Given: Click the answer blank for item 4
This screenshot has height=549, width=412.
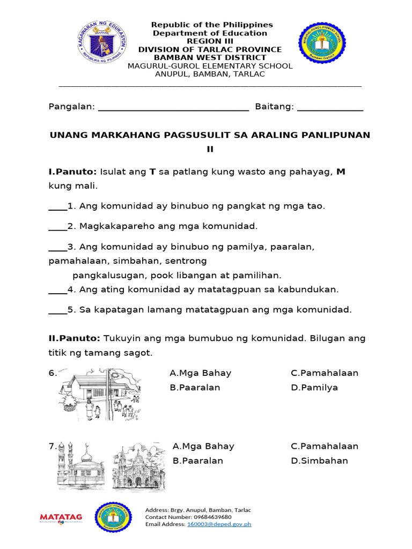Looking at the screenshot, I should (x=57, y=291).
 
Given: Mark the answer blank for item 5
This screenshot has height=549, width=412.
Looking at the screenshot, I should (x=57, y=310).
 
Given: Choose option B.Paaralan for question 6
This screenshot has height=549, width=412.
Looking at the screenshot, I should (x=195, y=388).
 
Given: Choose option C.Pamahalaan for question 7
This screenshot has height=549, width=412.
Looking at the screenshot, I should (x=325, y=446).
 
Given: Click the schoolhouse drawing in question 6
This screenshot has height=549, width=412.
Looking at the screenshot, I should (x=99, y=394).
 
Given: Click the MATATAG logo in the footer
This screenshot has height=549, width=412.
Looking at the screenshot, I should (x=61, y=517).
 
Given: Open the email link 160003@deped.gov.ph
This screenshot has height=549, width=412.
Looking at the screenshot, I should (x=219, y=524).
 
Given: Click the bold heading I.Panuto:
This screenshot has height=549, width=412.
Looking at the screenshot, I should (x=72, y=172).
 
